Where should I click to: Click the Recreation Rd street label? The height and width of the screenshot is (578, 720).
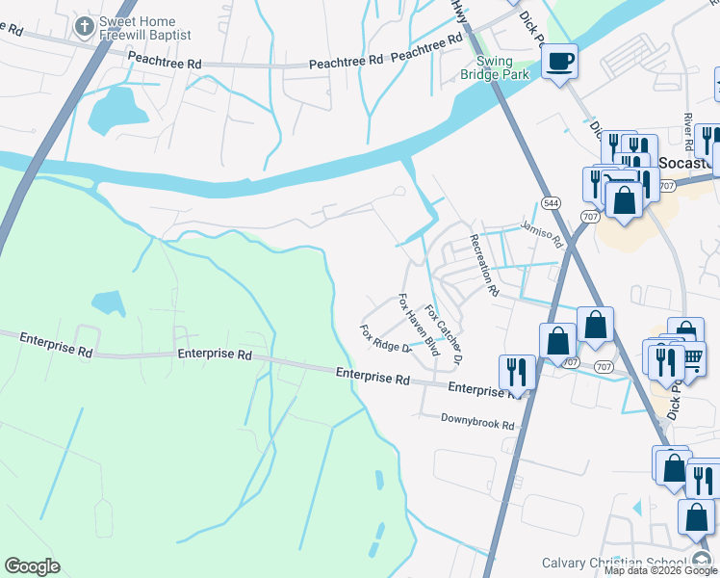(x=484, y=263)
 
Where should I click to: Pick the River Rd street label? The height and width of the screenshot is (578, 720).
(x=688, y=131)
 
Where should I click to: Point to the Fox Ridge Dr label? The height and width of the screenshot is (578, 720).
(x=385, y=339)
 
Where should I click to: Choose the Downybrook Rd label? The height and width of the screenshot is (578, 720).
(x=478, y=421)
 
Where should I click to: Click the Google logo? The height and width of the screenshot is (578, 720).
(x=32, y=566)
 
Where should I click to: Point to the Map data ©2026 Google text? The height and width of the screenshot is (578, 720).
(x=660, y=571)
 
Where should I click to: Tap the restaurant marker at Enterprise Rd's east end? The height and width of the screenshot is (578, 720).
(x=517, y=372)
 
